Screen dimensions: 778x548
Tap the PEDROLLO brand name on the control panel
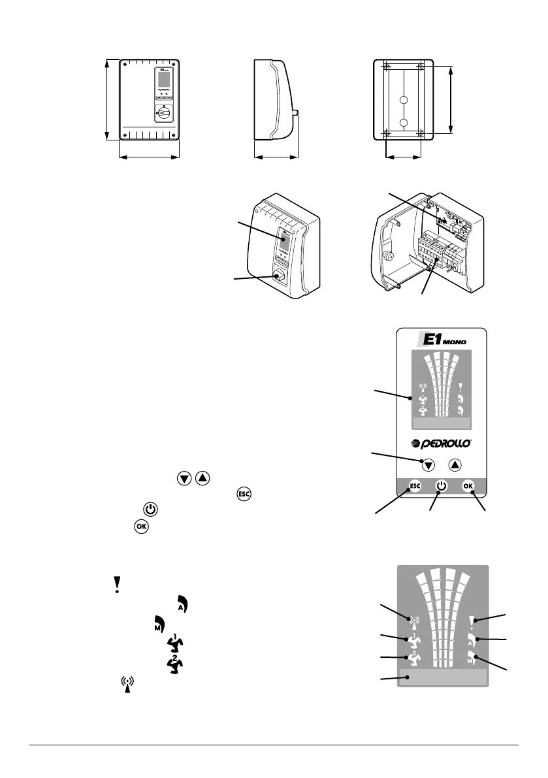(442, 444)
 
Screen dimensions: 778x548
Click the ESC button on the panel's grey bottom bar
(414, 486)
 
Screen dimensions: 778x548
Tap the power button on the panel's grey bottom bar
(442, 486)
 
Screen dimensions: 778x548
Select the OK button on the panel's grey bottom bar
(468, 486)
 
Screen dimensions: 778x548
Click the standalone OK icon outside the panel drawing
(140, 525)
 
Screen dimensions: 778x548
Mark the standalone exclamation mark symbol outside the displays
(116, 584)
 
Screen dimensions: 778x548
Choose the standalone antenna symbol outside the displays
(127, 686)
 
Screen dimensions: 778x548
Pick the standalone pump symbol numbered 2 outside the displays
(172, 665)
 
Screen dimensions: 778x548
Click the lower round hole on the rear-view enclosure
(403, 122)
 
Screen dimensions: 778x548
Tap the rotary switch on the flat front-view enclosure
(163, 113)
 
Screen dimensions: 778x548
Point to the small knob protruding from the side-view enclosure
(297, 112)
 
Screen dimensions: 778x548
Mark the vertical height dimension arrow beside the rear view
(451, 99)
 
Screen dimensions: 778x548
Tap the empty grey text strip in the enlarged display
(446, 677)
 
